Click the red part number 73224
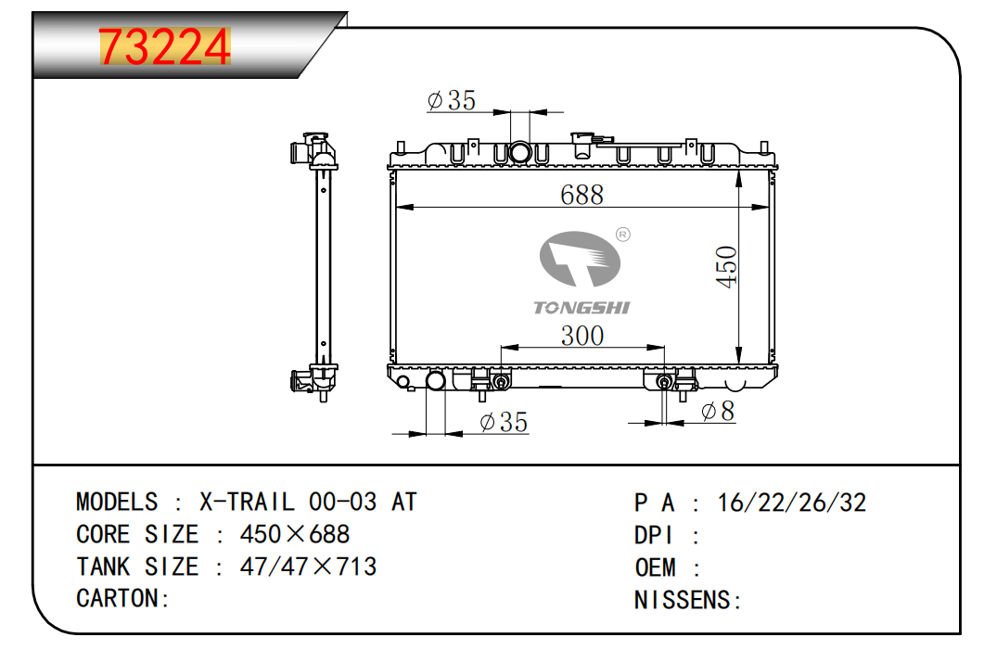pyautogui.click(x=165, y=47)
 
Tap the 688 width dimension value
pyautogui.click(x=581, y=195)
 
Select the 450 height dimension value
pyautogui.click(x=726, y=267)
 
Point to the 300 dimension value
pyautogui.click(x=582, y=336)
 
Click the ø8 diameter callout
pyautogui.click(x=717, y=411)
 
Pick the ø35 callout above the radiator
pyautogui.click(x=452, y=100)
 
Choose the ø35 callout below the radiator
pyautogui.click(x=504, y=422)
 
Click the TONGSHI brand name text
pyautogui.click(x=581, y=308)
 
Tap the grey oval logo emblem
pyautogui.click(x=580, y=259)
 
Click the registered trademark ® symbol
pyautogui.click(x=622, y=235)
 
